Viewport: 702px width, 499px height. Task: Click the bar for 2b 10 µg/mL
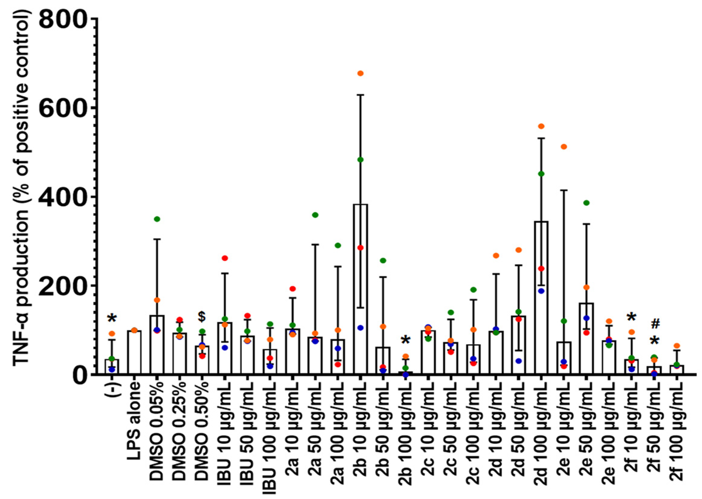click(360, 289)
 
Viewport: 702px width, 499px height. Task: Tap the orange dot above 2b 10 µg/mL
click(360, 73)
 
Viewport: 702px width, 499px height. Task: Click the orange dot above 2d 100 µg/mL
click(541, 126)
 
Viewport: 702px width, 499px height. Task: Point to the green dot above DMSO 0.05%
click(157, 219)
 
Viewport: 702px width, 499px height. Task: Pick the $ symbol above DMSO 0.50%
click(202, 316)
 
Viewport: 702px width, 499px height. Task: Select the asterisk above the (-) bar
click(112, 319)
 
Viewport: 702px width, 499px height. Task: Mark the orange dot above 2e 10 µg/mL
click(564, 147)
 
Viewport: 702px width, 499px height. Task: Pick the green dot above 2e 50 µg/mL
click(586, 202)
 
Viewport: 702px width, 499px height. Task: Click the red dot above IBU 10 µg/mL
click(225, 258)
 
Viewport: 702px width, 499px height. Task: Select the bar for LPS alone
click(134, 352)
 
